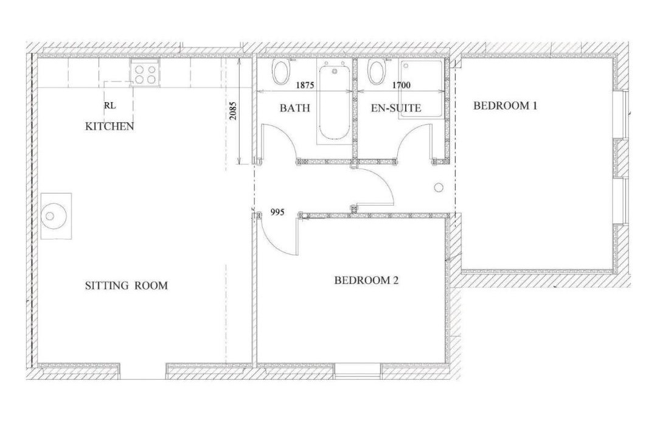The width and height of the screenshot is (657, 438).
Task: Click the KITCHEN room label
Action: pyautogui.click(x=109, y=126)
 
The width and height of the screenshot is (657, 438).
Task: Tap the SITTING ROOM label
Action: pyautogui.click(x=126, y=286)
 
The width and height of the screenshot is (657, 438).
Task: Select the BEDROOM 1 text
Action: pyautogui.click(x=505, y=106)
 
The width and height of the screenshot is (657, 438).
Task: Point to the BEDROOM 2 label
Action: pyautogui.click(x=366, y=280)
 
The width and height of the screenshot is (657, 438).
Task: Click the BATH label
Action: pyautogui.click(x=295, y=108)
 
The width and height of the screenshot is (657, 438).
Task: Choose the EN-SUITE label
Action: pyautogui.click(x=396, y=108)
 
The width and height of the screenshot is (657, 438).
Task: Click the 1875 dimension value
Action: pyautogui.click(x=305, y=86)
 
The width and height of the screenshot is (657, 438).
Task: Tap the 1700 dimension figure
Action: pyautogui.click(x=401, y=86)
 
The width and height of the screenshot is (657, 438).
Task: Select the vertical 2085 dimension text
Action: pyautogui.click(x=234, y=111)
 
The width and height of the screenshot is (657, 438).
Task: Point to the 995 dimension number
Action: pyautogui.click(x=277, y=212)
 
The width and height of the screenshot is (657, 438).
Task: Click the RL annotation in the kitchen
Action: pyautogui.click(x=109, y=106)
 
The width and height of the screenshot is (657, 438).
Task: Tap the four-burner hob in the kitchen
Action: pyautogui.click(x=145, y=72)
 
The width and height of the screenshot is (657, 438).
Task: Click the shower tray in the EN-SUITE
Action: pyautogui.click(x=422, y=89)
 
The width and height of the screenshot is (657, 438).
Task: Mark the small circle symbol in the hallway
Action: pyautogui.click(x=439, y=187)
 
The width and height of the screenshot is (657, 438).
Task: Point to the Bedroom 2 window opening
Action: pyautogui.click(x=358, y=370)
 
